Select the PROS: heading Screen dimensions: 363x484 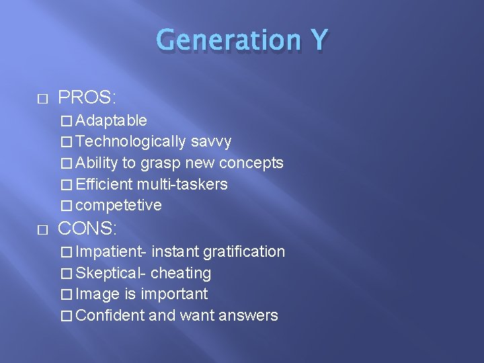click(x=87, y=98)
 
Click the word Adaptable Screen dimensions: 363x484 click(x=112, y=121)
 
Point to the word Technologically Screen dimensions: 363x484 click(x=131, y=142)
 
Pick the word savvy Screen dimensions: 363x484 click(x=211, y=142)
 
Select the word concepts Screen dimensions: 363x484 click(x=252, y=163)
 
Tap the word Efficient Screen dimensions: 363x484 click(x=105, y=184)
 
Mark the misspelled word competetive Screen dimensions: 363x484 click(x=119, y=206)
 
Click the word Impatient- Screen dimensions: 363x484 click(x=112, y=252)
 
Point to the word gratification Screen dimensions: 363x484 click(x=244, y=252)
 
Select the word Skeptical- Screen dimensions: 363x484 click(x=112, y=273)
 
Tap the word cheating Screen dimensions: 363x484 click(x=181, y=273)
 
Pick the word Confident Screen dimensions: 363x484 click(x=110, y=315)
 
